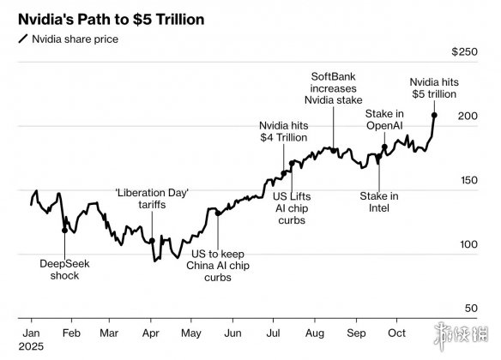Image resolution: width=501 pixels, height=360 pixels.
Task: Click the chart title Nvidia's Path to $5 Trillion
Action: point(112,20)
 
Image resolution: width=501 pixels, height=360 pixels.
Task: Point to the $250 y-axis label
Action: point(465,51)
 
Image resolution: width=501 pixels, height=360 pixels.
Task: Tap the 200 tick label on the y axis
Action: point(468,116)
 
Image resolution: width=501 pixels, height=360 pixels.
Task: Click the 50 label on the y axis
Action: point(471,308)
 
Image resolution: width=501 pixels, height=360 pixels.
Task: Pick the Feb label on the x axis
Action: point(71,333)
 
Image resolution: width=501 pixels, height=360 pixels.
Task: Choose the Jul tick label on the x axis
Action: point(273,333)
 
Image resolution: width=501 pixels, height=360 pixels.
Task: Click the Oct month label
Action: point(396,333)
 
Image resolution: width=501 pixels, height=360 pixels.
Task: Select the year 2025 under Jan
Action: point(31,346)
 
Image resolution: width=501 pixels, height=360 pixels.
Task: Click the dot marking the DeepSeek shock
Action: point(64,230)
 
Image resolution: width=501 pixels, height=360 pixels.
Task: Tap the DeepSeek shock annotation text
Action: point(64,270)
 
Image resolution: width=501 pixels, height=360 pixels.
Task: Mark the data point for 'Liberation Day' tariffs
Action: point(152,241)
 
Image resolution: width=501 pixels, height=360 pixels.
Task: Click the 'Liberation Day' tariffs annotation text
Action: point(152,199)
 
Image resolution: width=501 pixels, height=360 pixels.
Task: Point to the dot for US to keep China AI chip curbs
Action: point(218,213)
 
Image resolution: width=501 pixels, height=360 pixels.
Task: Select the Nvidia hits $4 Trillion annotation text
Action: point(284,131)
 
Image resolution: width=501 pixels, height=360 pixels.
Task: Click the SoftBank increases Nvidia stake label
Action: point(333,88)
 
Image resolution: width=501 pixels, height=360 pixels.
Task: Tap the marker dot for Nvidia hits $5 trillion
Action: point(434,115)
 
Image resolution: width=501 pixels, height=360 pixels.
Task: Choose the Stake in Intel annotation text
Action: point(379,202)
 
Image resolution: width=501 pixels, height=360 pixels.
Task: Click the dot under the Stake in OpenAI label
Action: point(384,147)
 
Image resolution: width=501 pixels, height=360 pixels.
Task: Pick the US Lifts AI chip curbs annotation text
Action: point(292,208)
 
